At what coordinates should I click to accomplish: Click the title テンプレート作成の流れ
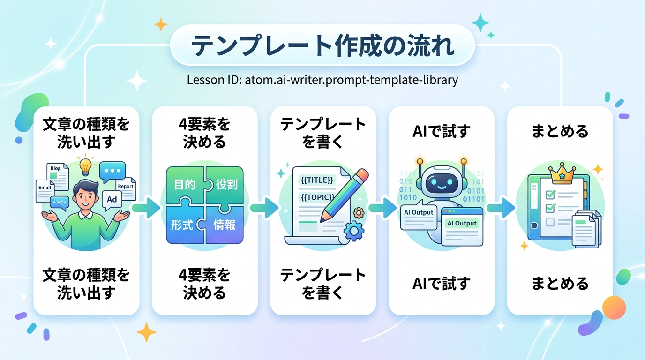tap(322, 46)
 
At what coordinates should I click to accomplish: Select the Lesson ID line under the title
tap(322, 80)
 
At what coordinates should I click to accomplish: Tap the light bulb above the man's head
tap(85, 166)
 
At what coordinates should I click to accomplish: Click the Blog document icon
tap(58, 176)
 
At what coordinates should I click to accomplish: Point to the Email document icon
tap(45, 191)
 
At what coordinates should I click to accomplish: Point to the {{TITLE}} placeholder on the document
tap(317, 180)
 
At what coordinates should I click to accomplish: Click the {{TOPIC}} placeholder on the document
tap(317, 197)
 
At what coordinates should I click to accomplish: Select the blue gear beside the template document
tap(354, 231)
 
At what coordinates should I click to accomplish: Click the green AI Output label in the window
tap(462, 223)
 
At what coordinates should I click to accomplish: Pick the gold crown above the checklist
tap(562, 173)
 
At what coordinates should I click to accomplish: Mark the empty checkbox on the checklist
tap(550, 222)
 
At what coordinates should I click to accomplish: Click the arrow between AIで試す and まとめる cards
tap(501, 207)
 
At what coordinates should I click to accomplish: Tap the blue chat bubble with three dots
tap(112, 172)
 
